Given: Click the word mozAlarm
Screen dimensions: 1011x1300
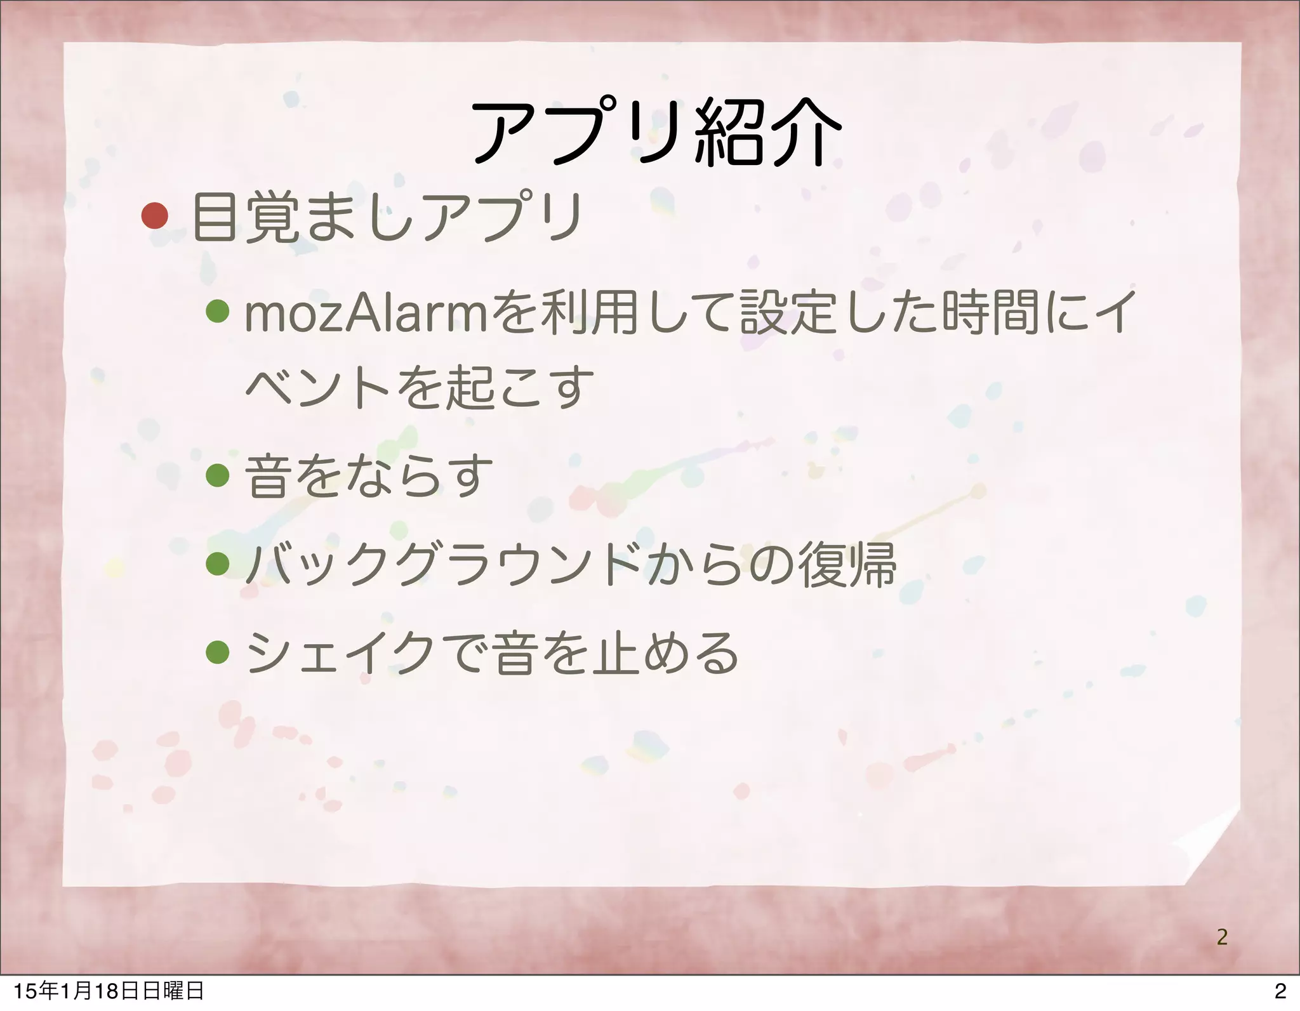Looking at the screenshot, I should coord(364,314).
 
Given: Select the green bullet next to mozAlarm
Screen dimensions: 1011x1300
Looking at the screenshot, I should coord(217,311).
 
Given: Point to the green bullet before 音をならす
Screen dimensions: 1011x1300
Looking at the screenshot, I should coord(217,475).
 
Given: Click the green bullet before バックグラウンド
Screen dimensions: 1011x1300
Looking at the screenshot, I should coord(217,563).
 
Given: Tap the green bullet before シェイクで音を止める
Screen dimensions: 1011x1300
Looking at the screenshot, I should coord(217,651).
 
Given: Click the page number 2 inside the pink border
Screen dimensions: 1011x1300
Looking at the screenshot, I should coord(1221,936).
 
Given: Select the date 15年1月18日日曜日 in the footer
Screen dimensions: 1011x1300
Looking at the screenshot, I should coord(109,991).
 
